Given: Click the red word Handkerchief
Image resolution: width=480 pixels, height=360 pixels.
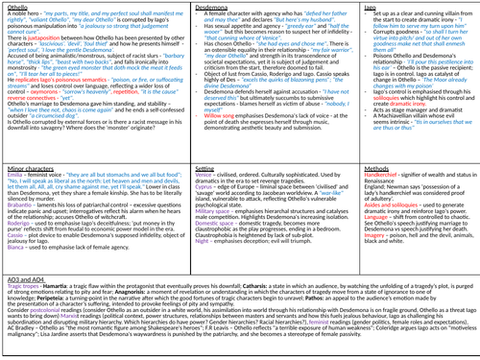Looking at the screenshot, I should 348,179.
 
